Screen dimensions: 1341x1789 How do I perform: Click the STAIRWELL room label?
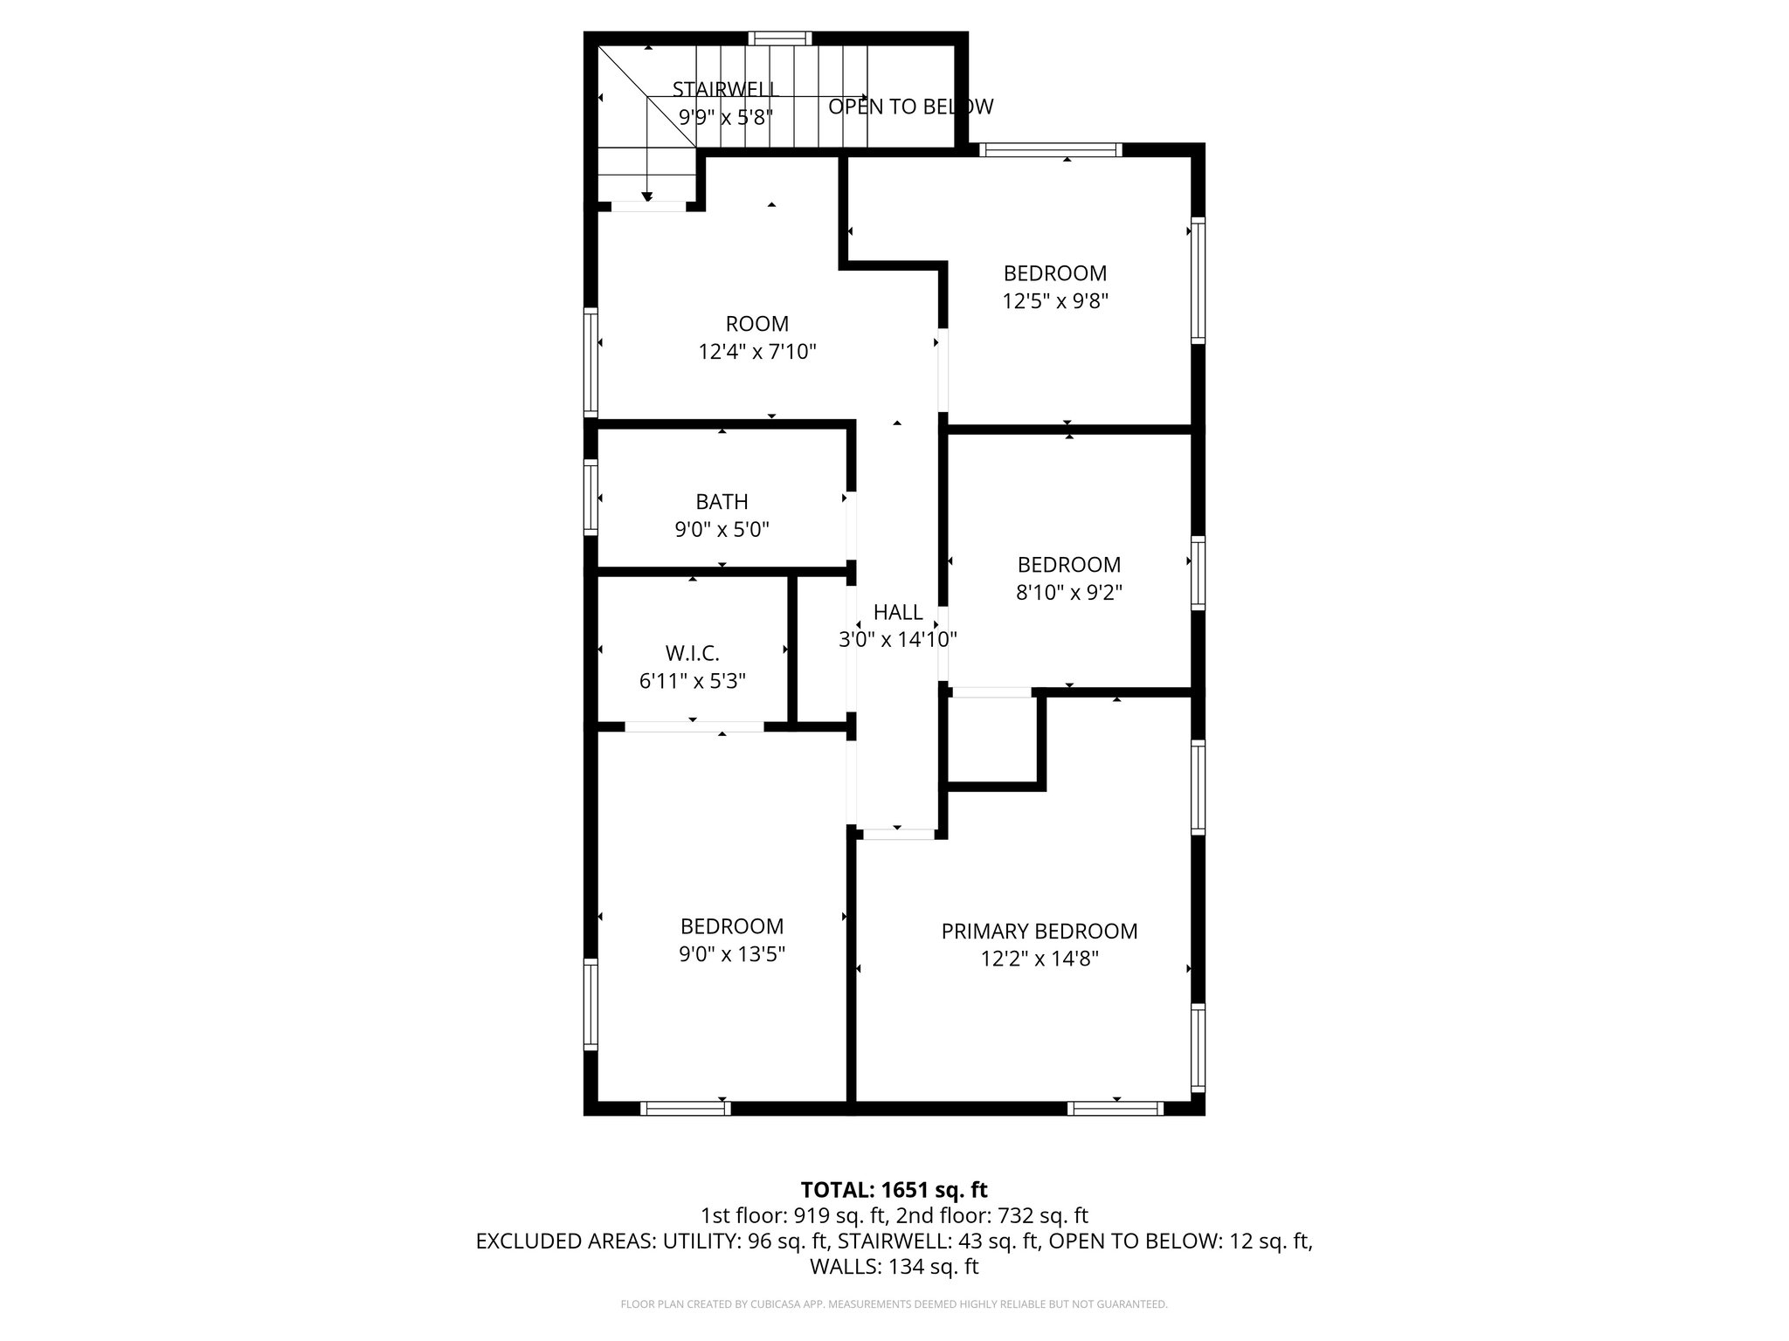(x=725, y=89)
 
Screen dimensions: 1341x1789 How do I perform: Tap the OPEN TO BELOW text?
(x=910, y=107)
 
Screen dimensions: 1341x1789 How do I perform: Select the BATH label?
(x=722, y=502)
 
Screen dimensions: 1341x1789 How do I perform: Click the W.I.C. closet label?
(x=692, y=653)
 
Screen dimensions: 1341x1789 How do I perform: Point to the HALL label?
(x=898, y=612)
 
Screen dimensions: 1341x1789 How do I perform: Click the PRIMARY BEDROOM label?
(x=1039, y=932)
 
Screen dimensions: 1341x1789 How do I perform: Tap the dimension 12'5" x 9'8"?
(x=1054, y=301)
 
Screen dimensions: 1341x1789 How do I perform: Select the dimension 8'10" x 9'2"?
(x=1068, y=593)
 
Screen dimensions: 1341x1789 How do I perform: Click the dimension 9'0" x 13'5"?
(x=731, y=954)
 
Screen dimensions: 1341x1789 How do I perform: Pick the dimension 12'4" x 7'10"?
(x=756, y=352)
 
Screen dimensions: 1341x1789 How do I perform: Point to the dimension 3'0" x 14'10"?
(x=898, y=640)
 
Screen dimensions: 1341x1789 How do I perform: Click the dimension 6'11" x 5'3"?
(x=692, y=681)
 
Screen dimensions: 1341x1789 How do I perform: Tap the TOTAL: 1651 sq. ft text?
(x=894, y=1190)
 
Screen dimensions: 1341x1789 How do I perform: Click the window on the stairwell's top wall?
(x=780, y=38)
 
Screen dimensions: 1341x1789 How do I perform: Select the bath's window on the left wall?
(x=591, y=497)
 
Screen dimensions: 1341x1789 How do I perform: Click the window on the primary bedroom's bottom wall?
(x=1116, y=1109)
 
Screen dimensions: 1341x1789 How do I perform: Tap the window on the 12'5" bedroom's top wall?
(x=1050, y=150)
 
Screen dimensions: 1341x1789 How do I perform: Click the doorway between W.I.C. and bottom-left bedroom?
(x=694, y=726)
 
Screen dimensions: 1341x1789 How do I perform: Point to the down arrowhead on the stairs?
(x=647, y=196)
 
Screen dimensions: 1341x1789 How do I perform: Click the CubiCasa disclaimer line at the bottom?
(x=894, y=1304)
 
